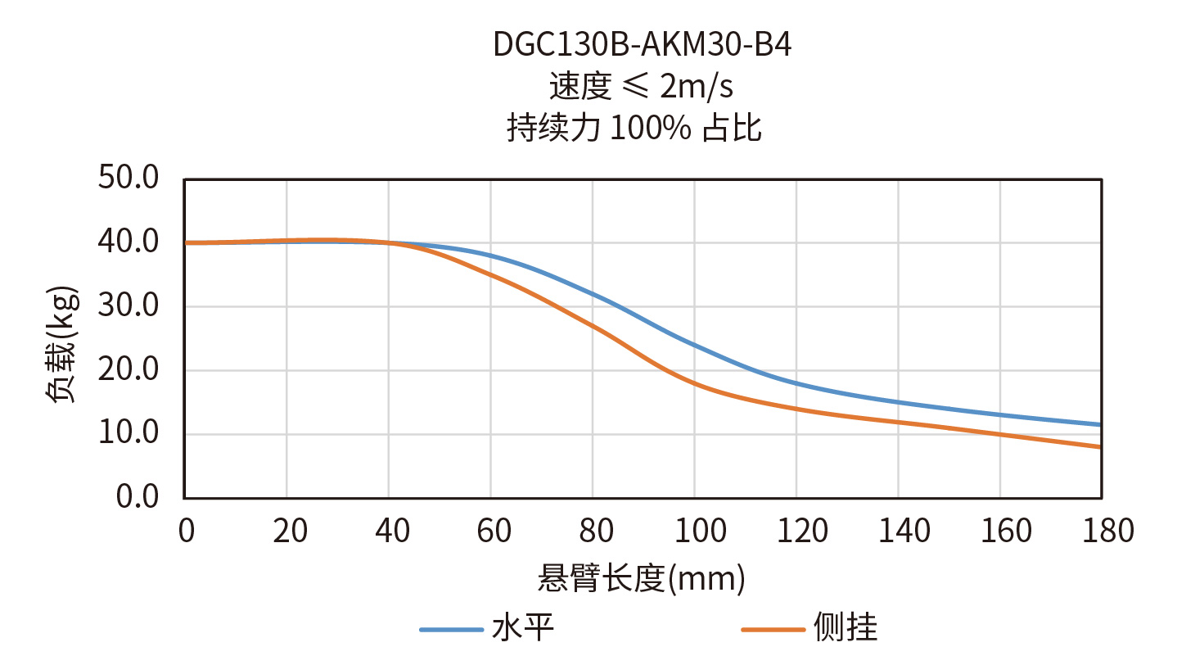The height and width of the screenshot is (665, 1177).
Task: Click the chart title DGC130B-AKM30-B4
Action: (642, 45)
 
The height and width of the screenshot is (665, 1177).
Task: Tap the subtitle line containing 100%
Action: (634, 128)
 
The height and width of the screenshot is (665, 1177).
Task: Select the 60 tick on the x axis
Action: (494, 531)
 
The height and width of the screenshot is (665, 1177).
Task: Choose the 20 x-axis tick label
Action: (290, 531)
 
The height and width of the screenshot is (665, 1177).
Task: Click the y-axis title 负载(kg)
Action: (61, 344)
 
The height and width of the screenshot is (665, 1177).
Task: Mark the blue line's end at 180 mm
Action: (1100, 424)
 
